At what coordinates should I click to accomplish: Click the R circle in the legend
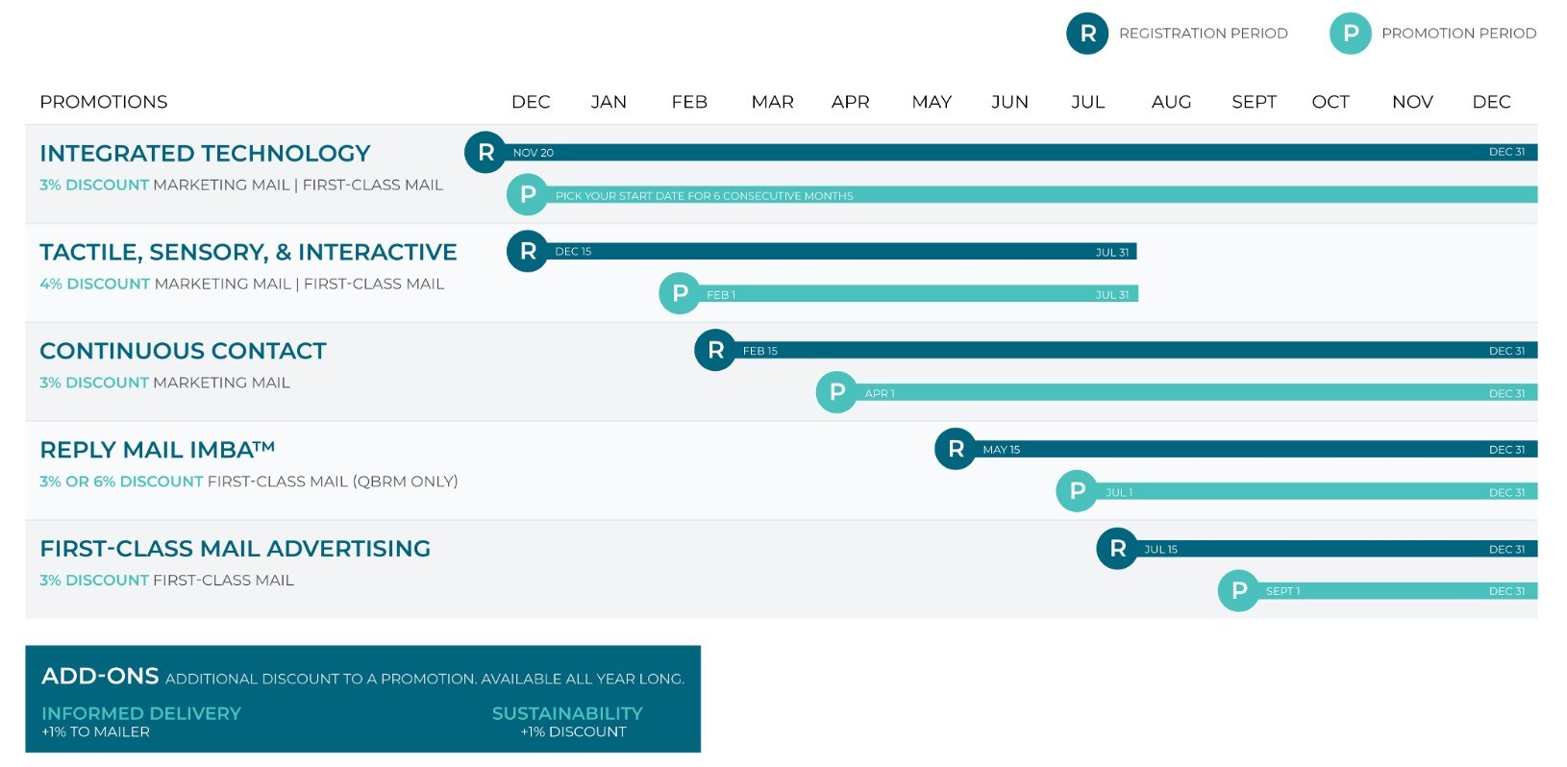pos(1087,34)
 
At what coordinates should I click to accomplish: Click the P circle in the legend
pos(1350,34)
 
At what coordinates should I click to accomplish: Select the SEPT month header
pos(1254,102)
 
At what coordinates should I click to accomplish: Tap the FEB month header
pos(689,102)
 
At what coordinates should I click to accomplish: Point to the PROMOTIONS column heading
pos(104,102)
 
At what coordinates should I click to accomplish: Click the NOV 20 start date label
pos(533,153)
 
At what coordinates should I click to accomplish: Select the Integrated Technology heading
pos(205,153)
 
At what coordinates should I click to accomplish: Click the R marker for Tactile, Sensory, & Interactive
pos(528,251)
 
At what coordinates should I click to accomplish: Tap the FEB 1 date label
pos(721,294)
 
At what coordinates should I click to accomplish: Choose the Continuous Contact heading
pos(184,350)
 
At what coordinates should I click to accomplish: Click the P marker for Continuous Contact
pos(836,392)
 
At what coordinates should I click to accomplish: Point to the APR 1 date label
pos(880,394)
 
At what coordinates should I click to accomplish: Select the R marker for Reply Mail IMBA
pos(956,449)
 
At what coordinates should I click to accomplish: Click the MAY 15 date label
pos(1001,450)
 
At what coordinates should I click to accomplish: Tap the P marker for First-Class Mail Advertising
pos(1239,591)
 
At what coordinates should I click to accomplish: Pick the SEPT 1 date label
pos(1283,591)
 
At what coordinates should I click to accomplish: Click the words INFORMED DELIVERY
pos(141,713)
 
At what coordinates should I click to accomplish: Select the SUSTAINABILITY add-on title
pos(567,713)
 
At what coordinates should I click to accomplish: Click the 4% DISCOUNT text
pos(94,284)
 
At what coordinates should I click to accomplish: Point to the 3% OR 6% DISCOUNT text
pos(121,481)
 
